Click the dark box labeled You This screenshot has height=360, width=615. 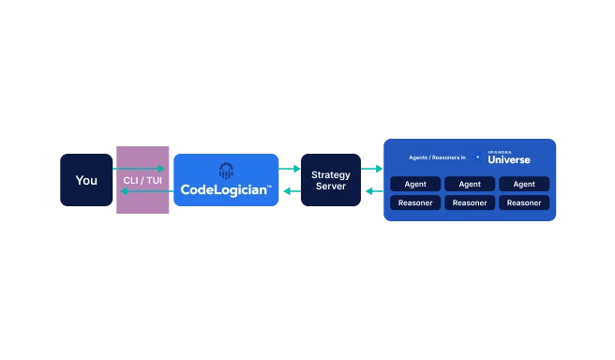(86, 180)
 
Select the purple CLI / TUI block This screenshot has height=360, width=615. (142, 180)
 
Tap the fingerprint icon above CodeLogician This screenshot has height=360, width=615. (226, 171)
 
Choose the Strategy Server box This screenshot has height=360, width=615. (330, 180)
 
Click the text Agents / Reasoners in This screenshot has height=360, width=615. (438, 157)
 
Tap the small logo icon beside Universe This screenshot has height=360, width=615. (478, 157)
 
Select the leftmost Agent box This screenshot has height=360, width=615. (415, 184)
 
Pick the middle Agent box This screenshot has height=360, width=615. (470, 184)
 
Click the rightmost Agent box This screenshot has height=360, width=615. (524, 184)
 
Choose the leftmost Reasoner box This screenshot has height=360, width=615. (415, 202)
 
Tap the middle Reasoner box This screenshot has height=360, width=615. (470, 202)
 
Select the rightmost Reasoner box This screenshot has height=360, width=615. (524, 202)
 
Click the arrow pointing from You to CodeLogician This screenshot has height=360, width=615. (141, 169)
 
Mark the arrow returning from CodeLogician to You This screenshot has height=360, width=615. (141, 191)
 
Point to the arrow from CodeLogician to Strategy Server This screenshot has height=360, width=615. (290, 169)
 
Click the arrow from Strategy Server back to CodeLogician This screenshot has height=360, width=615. (290, 191)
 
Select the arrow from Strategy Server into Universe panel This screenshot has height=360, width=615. (372, 169)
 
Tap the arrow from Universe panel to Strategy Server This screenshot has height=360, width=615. (372, 191)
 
